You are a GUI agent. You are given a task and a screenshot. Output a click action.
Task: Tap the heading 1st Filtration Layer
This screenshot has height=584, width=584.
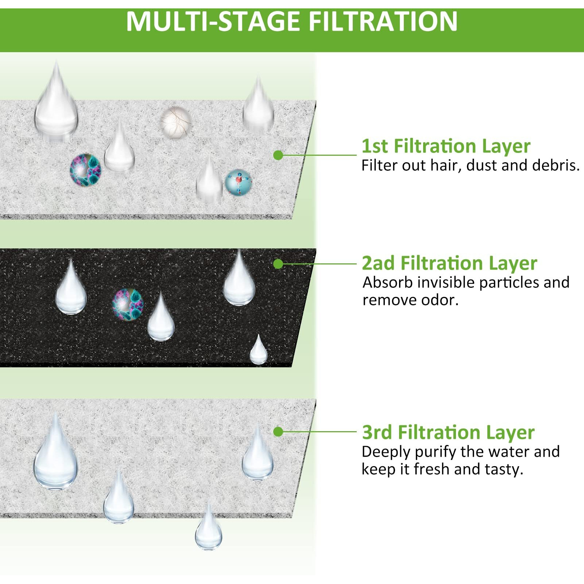445,146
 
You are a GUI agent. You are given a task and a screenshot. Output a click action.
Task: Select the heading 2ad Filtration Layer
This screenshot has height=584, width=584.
449,263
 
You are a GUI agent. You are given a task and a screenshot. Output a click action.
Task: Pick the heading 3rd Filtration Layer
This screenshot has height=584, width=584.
448,432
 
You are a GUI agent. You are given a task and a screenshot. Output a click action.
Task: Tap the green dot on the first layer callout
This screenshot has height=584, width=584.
278,155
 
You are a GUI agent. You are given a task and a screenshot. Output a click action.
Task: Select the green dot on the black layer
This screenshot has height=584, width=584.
278,264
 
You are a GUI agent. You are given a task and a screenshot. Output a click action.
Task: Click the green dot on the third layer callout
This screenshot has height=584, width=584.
278,432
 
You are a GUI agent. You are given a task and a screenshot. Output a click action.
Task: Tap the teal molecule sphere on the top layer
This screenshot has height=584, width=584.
238,182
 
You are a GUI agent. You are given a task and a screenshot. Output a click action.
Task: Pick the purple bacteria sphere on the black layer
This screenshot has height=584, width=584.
128,304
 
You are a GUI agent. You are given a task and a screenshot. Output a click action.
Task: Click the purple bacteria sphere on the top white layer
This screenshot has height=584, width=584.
85,169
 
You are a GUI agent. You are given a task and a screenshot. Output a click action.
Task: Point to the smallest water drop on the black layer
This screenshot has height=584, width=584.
259,351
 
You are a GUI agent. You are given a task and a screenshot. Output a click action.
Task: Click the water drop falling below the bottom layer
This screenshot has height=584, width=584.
208,529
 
